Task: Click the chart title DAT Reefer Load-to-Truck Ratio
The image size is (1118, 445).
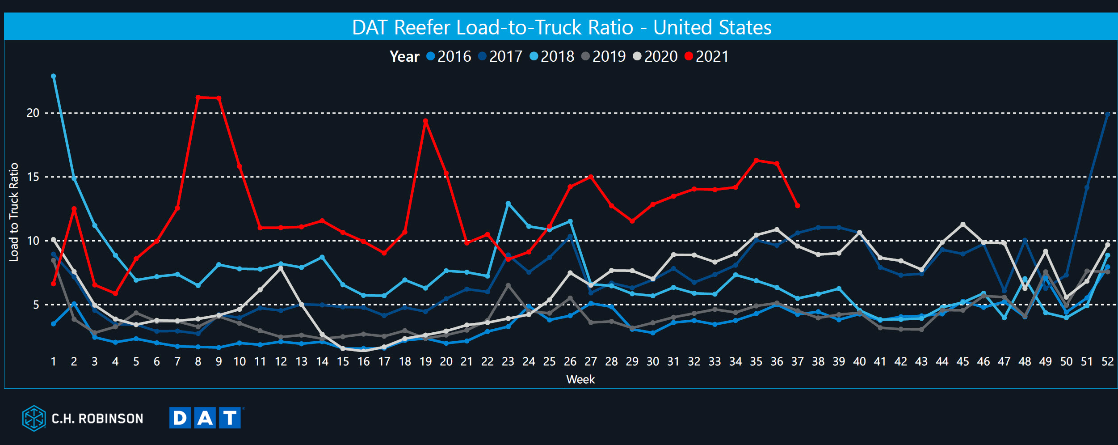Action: pos(561,27)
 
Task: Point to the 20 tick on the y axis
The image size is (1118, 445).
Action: pos(33,113)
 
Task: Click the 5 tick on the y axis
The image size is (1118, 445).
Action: pos(36,305)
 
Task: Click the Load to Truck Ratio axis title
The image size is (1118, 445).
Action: pos(14,212)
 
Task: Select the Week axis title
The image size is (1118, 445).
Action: pos(580,379)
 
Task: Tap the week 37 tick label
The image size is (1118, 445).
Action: pos(797,361)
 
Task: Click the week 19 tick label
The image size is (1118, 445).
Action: pos(425,361)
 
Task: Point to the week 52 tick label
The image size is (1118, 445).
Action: pos(1107,361)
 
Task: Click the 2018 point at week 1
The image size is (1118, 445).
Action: pos(54,76)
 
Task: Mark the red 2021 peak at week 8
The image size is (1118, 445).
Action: pos(198,97)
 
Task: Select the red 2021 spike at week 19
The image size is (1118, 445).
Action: pos(425,121)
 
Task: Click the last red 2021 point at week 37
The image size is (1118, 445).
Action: pos(798,206)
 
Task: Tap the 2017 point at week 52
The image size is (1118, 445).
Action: pos(1107,114)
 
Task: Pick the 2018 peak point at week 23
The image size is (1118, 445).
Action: pos(508,203)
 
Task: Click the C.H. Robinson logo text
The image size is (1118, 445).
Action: pos(97,419)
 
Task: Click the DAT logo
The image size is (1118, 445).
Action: pos(206,418)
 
